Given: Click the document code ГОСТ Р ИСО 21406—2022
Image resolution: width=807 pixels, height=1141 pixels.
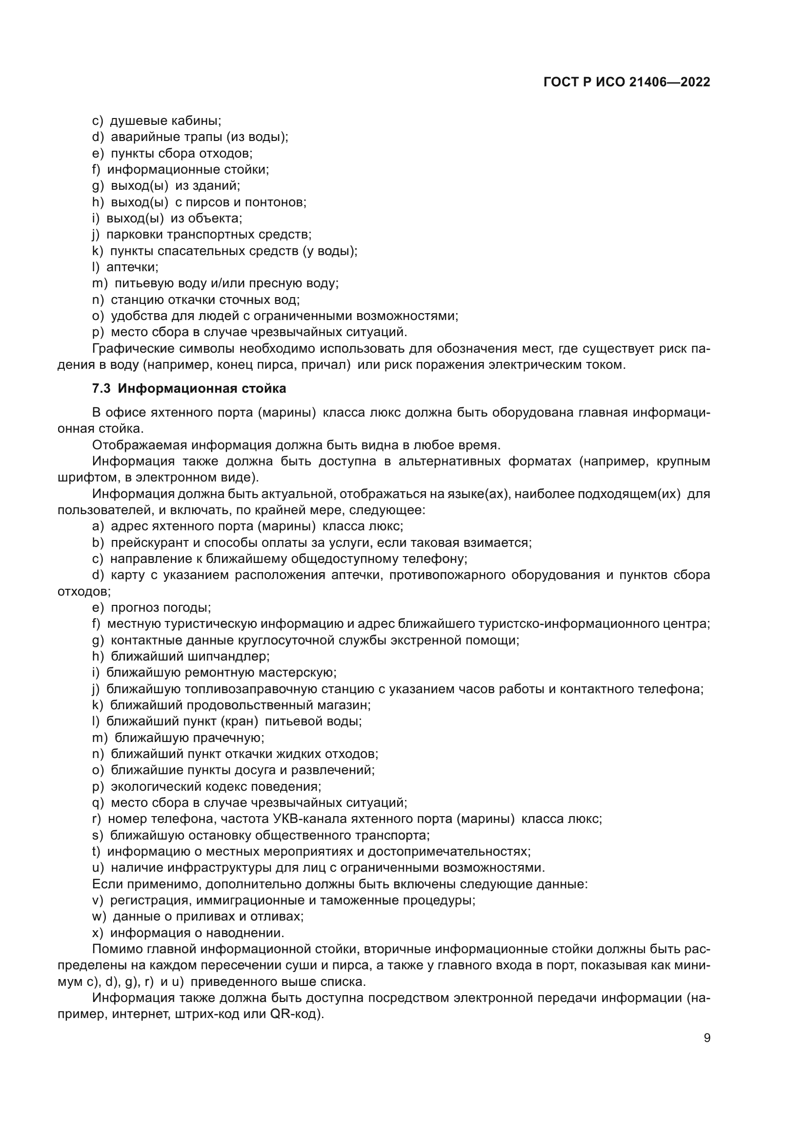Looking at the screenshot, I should (x=626, y=82).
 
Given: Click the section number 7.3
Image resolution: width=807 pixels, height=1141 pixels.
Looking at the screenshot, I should (x=101, y=389).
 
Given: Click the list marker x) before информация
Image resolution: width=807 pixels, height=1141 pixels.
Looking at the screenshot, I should (x=98, y=933).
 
